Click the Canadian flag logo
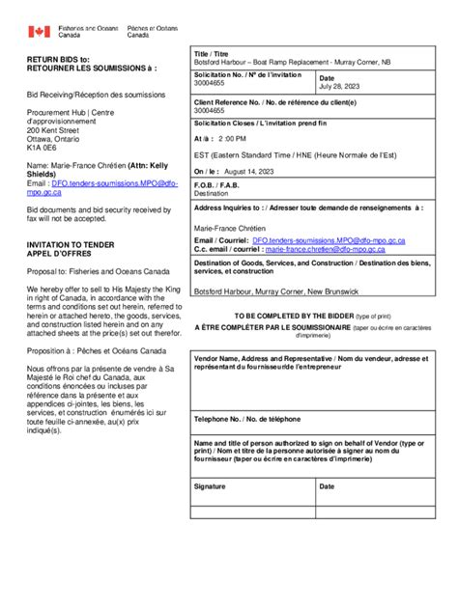[x=39, y=32]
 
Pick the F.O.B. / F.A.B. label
[x=217, y=184]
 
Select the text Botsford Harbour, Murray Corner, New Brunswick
[x=276, y=290]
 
